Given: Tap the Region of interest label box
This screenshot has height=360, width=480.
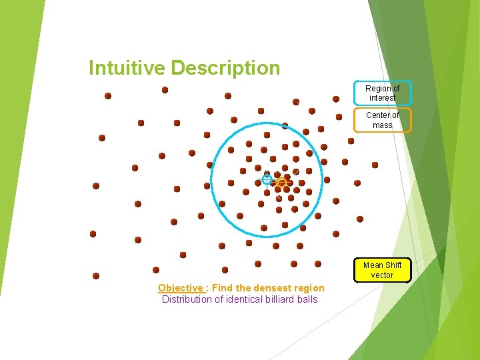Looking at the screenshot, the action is coord(382,93).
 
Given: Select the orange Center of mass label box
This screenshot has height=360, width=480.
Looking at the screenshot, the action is coord(382,120).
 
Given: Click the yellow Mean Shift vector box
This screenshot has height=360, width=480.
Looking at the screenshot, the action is coord(382,270).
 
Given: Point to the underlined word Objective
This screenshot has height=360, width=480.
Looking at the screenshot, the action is coord(181,288).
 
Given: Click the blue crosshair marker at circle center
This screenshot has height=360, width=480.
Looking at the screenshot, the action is coord(267,179).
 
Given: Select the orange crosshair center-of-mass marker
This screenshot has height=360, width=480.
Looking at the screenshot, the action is coord(281,181).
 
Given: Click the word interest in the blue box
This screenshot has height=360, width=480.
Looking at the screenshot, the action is coord(382,98).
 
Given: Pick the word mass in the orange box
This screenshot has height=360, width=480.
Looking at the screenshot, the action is coord(382,125).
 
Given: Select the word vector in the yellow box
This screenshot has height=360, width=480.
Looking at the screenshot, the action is coord(382,275).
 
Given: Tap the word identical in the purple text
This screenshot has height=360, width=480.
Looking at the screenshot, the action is coord(238,299).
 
